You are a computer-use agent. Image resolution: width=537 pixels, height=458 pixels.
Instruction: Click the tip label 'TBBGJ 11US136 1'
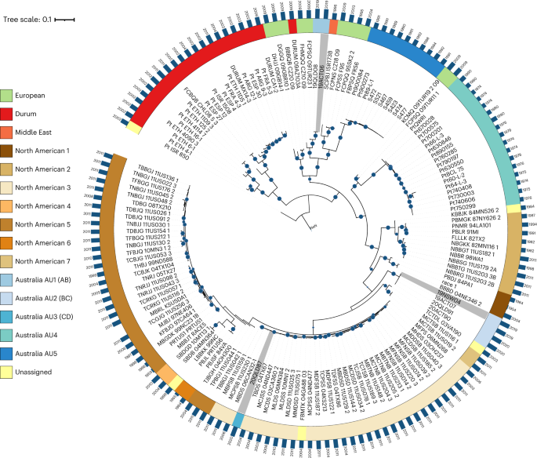pyautogui.click(x=157, y=179)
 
